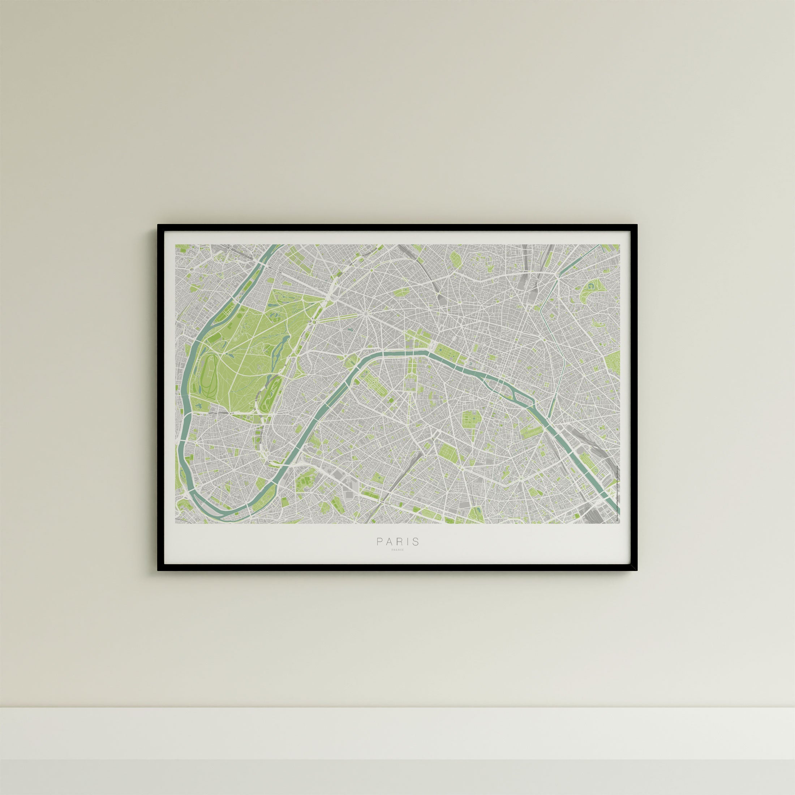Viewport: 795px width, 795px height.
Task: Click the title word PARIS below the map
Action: [398, 542]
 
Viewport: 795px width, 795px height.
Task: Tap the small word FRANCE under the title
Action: [398, 550]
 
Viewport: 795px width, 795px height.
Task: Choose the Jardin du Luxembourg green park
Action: [469, 420]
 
